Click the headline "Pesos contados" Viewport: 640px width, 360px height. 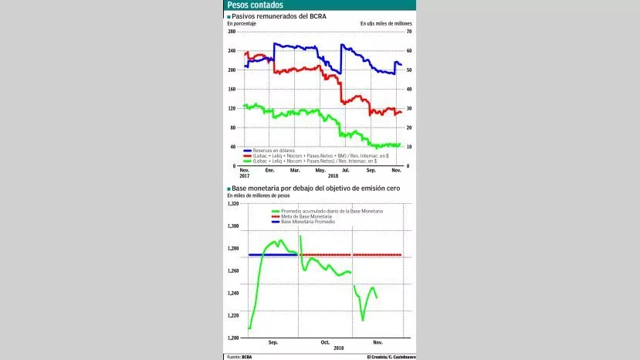pos(254,5)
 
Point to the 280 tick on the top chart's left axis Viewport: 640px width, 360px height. pos(232,32)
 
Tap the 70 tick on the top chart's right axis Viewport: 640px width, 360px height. pos(408,32)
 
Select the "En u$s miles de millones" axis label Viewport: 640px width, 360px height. pos(386,24)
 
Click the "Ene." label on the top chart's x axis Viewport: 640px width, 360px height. pos(270,169)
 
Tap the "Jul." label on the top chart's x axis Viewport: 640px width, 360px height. pos(344,169)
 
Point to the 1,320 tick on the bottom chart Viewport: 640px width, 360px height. pos(233,204)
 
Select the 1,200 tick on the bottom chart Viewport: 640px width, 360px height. pos(233,338)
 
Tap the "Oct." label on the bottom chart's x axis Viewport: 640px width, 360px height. pos(325,341)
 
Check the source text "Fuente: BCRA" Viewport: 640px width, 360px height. pos(239,356)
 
